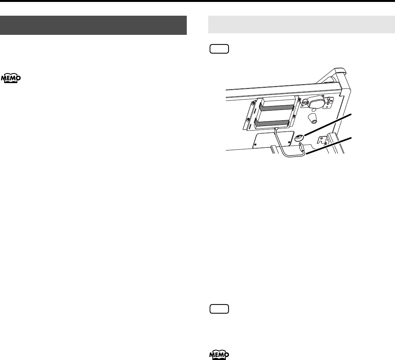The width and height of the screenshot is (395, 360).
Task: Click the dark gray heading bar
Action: point(93,25)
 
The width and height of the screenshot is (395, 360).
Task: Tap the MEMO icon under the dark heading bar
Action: point(11,79)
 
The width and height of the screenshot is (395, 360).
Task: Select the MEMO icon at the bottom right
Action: point(219,355)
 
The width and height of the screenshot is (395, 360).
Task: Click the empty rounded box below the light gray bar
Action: point(219,49)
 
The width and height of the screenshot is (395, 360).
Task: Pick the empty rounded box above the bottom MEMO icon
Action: point(219,309)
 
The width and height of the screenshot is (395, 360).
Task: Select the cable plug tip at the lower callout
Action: point(302,146)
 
